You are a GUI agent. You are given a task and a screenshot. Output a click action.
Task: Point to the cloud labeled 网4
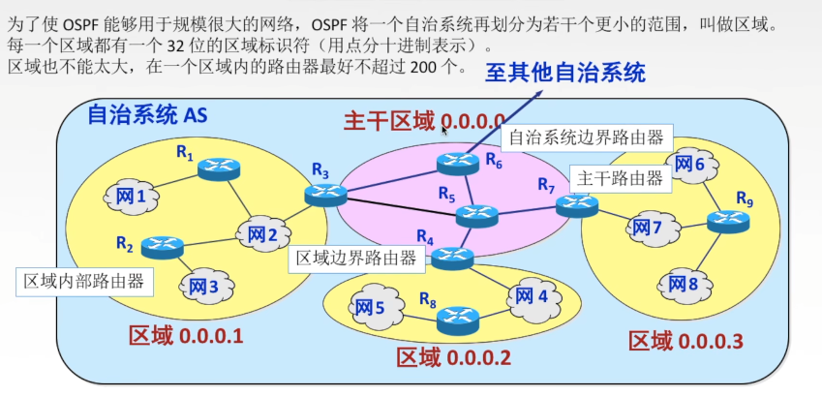tap(531, 294)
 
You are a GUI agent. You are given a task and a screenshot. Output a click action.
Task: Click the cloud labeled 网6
tap(690, 166)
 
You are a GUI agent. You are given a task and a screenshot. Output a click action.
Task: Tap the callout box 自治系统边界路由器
tap(587, 137)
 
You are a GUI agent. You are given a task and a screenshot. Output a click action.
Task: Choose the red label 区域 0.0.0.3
tap(685, 341)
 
